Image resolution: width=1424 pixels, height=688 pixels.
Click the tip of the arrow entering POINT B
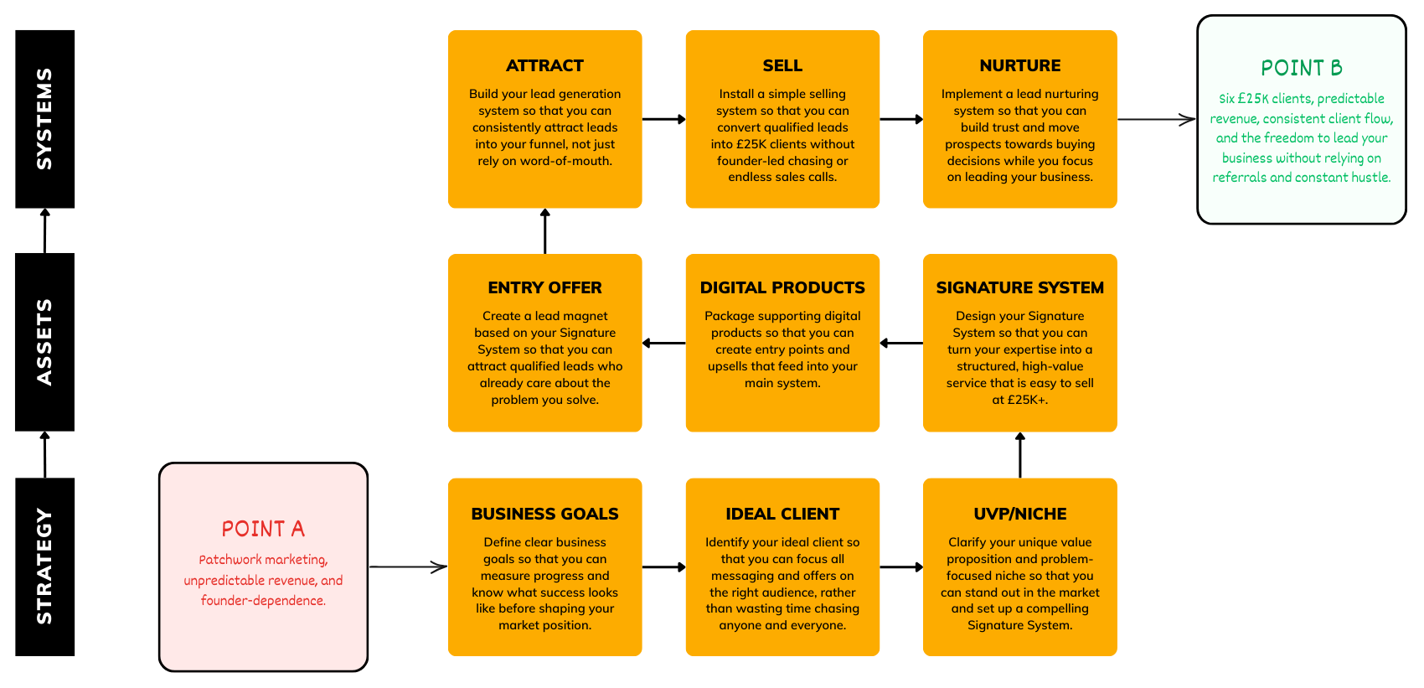click(x=1195, y=119)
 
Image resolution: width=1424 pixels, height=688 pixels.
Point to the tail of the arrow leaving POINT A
click(x=370, y=566)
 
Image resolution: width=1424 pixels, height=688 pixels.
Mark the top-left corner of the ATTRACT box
click(x=448, y=30)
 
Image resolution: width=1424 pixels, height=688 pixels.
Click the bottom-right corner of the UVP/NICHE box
click(x=1117, y=655)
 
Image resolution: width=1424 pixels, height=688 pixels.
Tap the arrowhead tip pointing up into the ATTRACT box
click(x=544, y=209)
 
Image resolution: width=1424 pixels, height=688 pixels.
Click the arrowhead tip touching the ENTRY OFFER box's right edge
click(x=642, y=344)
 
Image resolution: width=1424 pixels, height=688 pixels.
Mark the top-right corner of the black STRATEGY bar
click(x=75, y=478)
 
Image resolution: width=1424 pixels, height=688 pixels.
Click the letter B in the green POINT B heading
click(x=1336, y=67)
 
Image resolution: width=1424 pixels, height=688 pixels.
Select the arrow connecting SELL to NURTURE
click(x=901, y=119)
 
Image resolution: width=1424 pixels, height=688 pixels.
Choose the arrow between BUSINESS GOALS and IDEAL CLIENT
click(x=663, y=566)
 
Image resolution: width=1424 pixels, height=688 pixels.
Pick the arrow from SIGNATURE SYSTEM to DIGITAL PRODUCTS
click(x=901, y=344)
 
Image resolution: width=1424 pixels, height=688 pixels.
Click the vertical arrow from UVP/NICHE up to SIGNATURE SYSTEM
click(x=1019, y=455)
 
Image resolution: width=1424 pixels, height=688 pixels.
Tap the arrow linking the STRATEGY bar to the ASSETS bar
click(x=44, y=455)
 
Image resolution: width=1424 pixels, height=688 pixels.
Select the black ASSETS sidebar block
click(x=44, y=342)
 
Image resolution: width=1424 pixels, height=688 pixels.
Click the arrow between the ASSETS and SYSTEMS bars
click(x=44, y=230)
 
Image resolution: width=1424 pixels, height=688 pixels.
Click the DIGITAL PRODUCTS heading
click(x=782, y=288)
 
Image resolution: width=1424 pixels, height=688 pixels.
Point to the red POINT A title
click(x=263, y=529)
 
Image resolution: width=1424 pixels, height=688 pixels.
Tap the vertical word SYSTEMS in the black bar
click(x=44, y=119)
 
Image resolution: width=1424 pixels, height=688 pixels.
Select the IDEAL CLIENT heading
click(x=782, y=514)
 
